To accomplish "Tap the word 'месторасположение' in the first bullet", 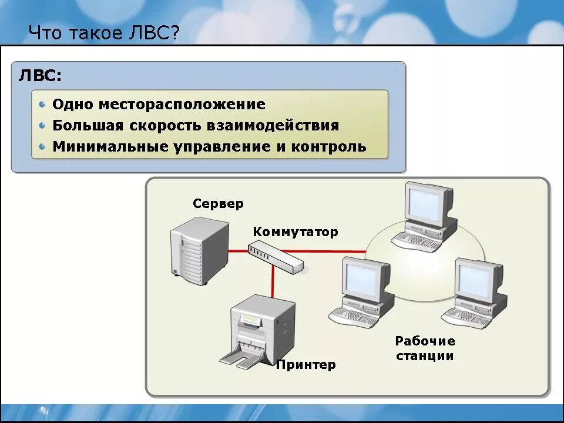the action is [182, 105].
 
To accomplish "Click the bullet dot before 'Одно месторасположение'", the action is [42, 105].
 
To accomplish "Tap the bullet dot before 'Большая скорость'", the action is [42, 126].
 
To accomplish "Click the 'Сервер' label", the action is [218, 204].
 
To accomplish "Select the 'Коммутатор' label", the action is [296, 232].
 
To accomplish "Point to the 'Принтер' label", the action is [306, 365].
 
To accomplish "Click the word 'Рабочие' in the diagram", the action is [425, 341].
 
